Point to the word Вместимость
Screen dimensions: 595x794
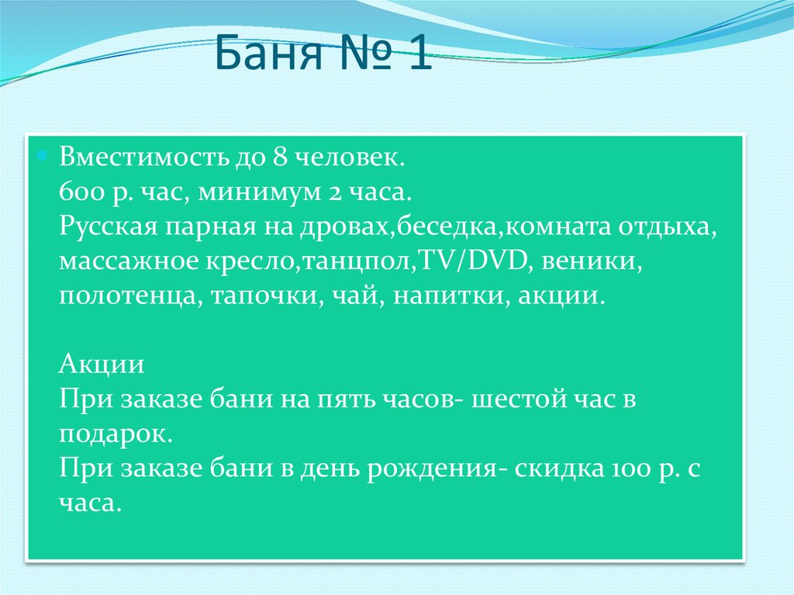pos(140,157)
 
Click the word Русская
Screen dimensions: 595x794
pos(105,228)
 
